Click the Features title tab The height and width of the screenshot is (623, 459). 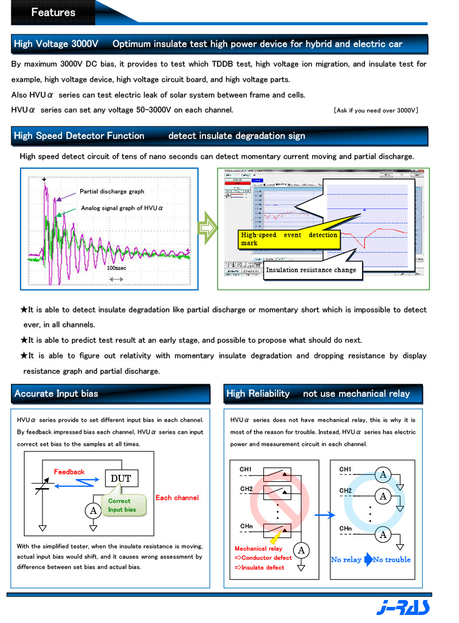pos(53,12)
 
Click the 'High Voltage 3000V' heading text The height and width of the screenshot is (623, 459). pos(56,44)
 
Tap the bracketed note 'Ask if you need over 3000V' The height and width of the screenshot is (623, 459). pos(376,110)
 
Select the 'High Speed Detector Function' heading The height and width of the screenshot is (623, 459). pos(79,136)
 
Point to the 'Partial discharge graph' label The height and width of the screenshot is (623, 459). pos(112,191)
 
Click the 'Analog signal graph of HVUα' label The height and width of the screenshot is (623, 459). pos(122,208)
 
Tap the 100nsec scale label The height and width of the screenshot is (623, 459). pos(116,268)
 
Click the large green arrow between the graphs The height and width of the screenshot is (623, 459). pos(207,228)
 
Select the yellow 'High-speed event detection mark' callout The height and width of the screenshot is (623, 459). pos(290,239)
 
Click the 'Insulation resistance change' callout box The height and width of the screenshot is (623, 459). pos(311,270)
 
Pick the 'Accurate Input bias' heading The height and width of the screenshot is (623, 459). pos(56,394)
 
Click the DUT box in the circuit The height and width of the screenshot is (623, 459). pos(120,478)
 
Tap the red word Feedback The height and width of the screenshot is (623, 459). pos(69,472)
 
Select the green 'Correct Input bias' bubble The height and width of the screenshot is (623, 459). pos(122,505)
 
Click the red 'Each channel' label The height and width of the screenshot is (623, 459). pos(177,498)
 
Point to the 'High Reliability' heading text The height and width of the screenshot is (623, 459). pos(258,394)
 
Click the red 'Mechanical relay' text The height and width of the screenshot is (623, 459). pos(258,548)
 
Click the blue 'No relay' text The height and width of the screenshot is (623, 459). pos(346,560)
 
